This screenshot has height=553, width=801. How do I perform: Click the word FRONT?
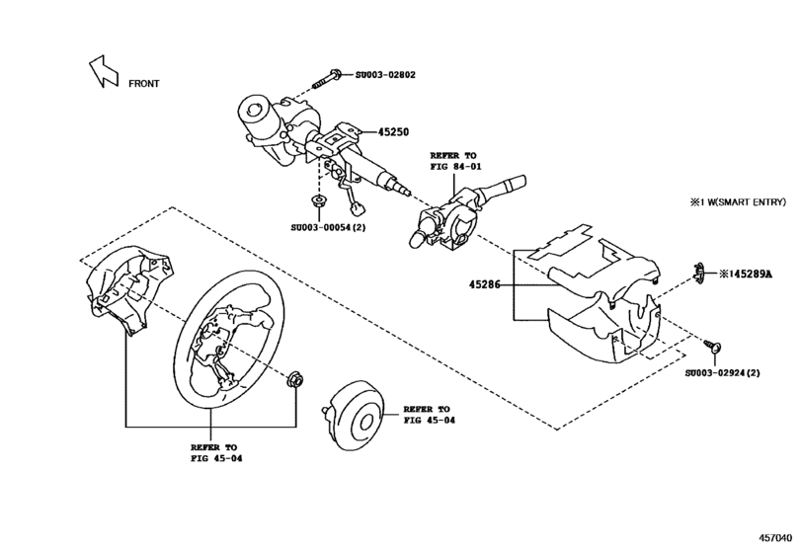(143, 84)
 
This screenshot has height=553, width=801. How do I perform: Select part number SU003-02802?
(387, 75)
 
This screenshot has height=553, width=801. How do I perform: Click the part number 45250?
(391, 132)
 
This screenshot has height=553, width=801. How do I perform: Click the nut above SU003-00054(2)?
(317, 204)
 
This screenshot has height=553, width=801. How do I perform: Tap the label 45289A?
(749, 273)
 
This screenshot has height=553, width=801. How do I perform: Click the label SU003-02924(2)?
(722, 373)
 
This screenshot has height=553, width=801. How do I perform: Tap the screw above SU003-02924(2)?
(713, 346)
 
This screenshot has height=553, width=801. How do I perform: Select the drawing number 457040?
(776, 537)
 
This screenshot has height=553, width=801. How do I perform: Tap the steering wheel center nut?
(293, 380)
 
